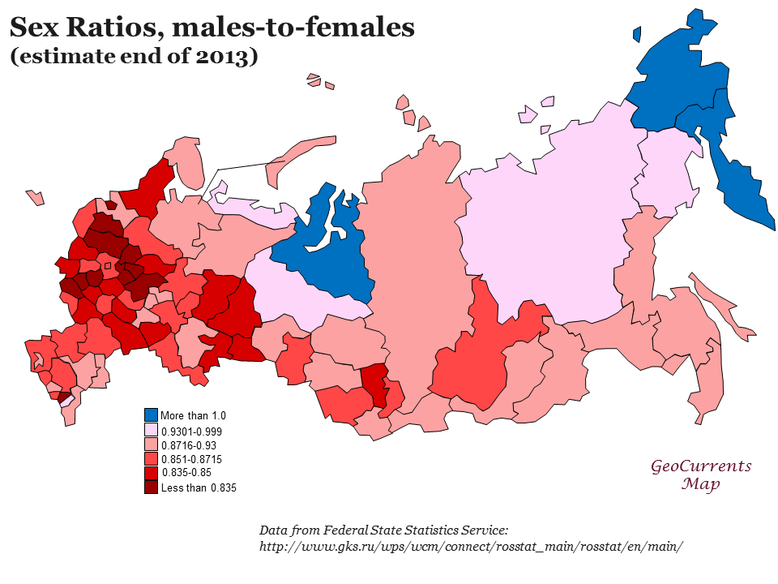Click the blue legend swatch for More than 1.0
pos(152,415)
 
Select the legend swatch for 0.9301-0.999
pos(152,430)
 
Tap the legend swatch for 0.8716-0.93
pos(152,444)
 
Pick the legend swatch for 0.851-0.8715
pos(152,459)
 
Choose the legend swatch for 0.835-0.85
pos(152,473)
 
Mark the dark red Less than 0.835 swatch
pos(152,487)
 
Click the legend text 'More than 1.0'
pos(194,415)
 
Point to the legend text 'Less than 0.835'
pos(199,488)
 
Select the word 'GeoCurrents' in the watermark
pos(701,466)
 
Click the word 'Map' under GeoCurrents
pos(701,484)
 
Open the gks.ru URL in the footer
pos(471,546)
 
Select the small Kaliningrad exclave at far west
pos(35,197)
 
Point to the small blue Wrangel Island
pos(637,35)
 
